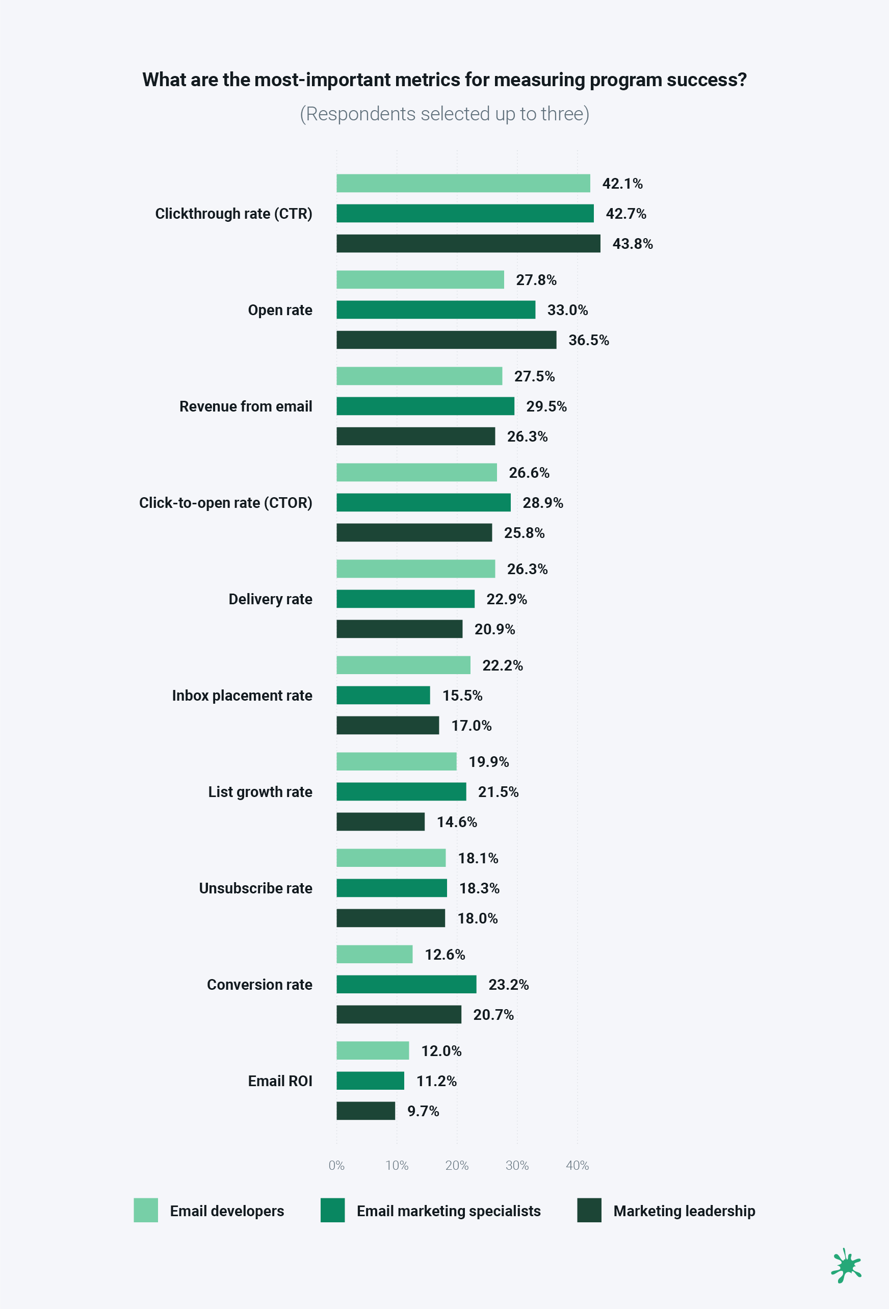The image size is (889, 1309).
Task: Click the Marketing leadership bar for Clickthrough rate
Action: [x=468, y=243]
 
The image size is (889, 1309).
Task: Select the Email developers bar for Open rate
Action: [x=420, y=279]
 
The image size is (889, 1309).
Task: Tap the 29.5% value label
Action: [x=546, y=406]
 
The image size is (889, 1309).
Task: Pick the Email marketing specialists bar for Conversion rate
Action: [x=406, y=984]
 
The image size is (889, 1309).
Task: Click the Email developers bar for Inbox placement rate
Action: [x=403, y=664]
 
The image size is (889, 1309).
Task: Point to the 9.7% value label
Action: [x=423, y=1111]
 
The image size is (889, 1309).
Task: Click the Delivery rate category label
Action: [x=270, y=599]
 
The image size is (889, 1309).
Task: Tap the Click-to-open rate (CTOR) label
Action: [x=225, y=502]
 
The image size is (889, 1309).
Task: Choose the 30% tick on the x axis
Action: [x=517, y=1165]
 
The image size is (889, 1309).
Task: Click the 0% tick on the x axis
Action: [x=336, y=1165]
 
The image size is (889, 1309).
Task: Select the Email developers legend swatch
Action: [x=146, y=1210]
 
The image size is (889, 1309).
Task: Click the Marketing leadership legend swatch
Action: [x=589, y=1210]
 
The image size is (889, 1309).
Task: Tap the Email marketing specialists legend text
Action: [x=448, y=1211]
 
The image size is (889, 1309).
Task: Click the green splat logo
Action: [x=846, y=1265]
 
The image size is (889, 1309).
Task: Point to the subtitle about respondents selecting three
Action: [x=444, y=114]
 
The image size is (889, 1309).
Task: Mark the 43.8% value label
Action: [x=632, y=243]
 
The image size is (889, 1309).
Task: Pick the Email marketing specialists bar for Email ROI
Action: [x=370, y=1081]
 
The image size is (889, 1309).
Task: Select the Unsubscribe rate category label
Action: [x=255, y=888]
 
